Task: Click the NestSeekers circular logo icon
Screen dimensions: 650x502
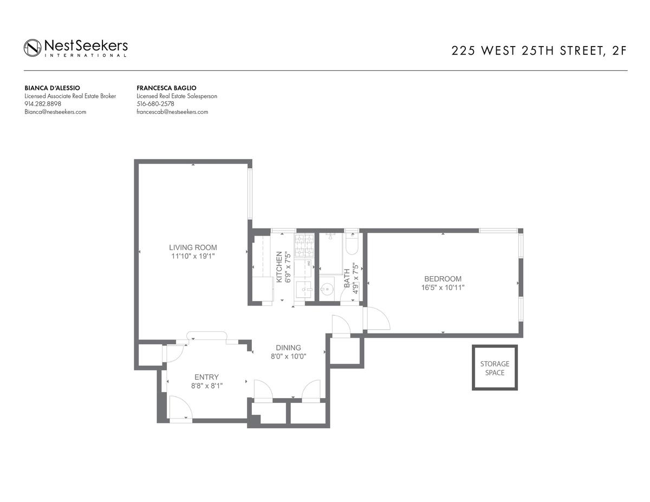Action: [x=32, y=48]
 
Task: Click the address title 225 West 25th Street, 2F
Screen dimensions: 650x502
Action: [x=539, y=51]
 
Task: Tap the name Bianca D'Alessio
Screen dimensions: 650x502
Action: [x=53, y=88]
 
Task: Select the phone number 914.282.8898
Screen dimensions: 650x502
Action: [x=43, y=104]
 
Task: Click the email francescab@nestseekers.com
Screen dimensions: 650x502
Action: [x=172, y=112]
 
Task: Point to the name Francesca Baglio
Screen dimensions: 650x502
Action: [x=167, y=88]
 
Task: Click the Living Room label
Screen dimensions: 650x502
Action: [x=193, y=247]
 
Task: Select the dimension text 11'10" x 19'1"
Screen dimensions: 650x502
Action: [x=193, y=256]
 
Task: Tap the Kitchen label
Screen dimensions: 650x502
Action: [x=279, y=267]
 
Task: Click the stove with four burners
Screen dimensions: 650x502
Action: [x=304, y=246]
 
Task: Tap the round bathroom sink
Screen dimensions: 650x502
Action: [x=327, y=289]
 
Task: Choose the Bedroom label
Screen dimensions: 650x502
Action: [x=443, y=279]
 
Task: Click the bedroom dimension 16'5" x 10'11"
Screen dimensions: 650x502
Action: [x=443, y=288]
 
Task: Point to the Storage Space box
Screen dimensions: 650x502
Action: [x=495, y=368]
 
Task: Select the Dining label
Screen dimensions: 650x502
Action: [x=288, y=348]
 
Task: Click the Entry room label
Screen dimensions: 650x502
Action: [x=206, y=377]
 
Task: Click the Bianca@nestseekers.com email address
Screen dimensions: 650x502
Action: [x=55, y=112]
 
